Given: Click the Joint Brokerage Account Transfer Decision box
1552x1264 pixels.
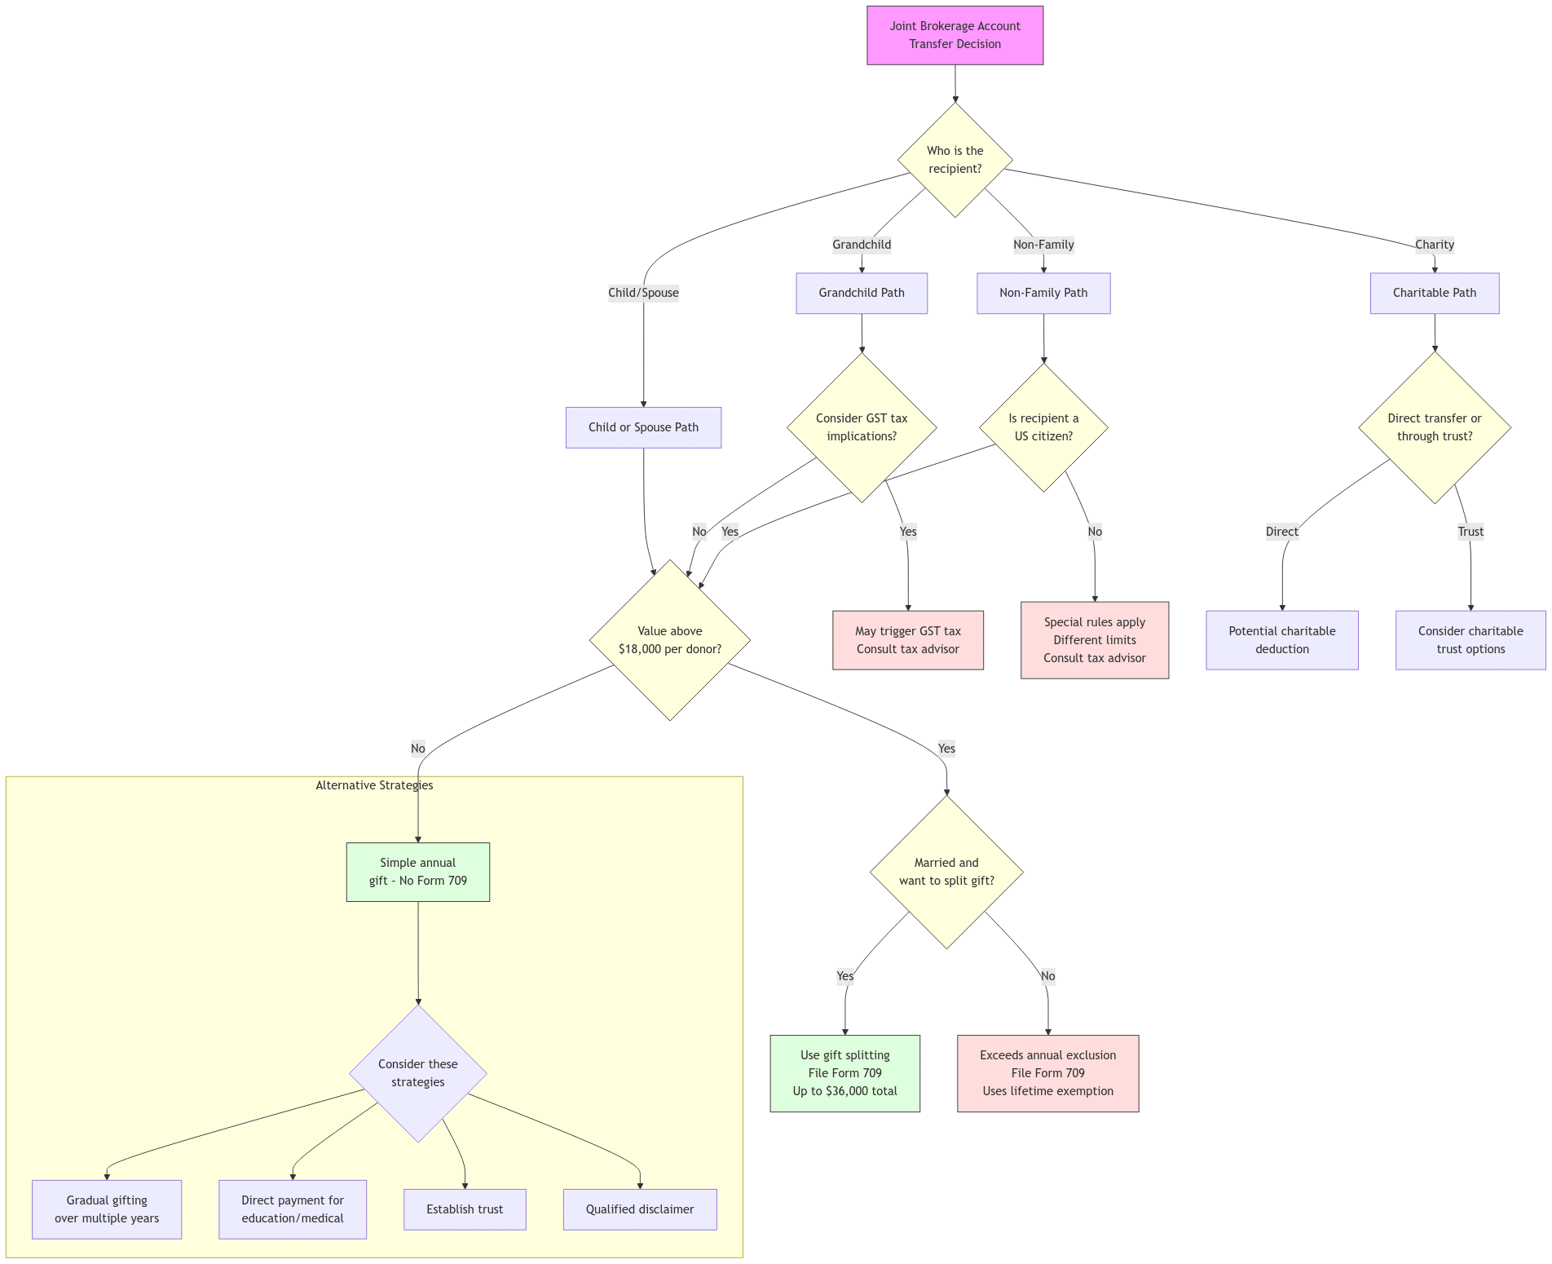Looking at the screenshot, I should (x=955, y=35).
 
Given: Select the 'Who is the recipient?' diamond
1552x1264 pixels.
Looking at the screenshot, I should (x=955, y=160).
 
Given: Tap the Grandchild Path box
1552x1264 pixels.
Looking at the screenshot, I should (x=862, y=293).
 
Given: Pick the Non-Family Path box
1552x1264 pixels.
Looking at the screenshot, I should (x=1043, y=293).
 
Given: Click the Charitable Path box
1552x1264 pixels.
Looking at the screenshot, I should (x=1434, y=293).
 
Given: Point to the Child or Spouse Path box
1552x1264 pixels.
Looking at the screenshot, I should (x=643, y=427).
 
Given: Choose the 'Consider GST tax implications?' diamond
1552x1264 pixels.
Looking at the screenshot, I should (x=862, y=427).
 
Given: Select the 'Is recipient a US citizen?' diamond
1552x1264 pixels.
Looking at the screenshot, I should (x=1043, y=427).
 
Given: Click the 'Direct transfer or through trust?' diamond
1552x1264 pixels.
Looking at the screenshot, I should (x=1434, y=427).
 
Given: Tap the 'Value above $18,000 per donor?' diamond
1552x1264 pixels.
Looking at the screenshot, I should (x=669, y=640).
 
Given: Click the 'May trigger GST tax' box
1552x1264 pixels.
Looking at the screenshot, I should (x=907, y=640).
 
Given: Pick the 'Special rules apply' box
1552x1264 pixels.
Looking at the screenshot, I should (x=1094, y=640).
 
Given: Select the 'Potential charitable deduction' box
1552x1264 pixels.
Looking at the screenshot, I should (x=1281, y=640).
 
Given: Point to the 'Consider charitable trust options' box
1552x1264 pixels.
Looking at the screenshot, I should (x=1470, y=640).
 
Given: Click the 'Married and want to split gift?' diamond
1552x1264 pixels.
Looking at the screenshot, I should (x=946, y=872).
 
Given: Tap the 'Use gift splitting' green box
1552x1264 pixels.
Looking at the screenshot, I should (x=844, y=1073).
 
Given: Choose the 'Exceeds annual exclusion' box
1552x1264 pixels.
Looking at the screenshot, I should (x=1047, y=1073).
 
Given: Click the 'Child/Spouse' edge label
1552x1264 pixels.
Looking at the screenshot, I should (x=643, y=293).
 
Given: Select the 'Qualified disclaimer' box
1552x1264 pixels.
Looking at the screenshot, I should (x=639, y=1209).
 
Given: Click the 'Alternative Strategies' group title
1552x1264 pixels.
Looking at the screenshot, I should (x=374, y=785).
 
